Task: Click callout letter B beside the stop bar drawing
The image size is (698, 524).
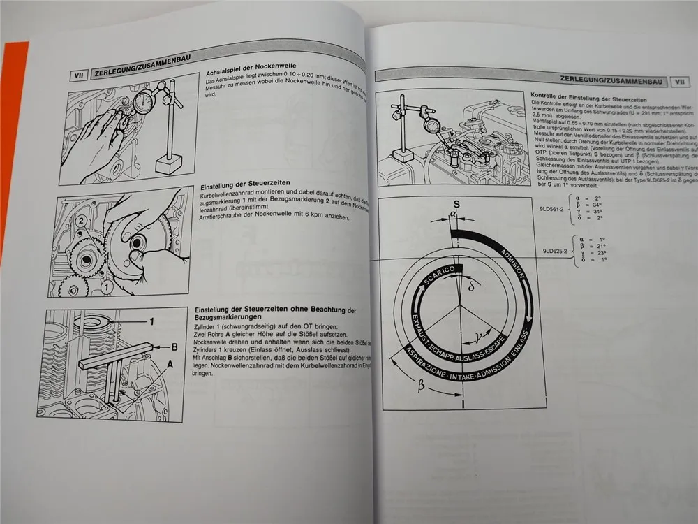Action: click(175, 345)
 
